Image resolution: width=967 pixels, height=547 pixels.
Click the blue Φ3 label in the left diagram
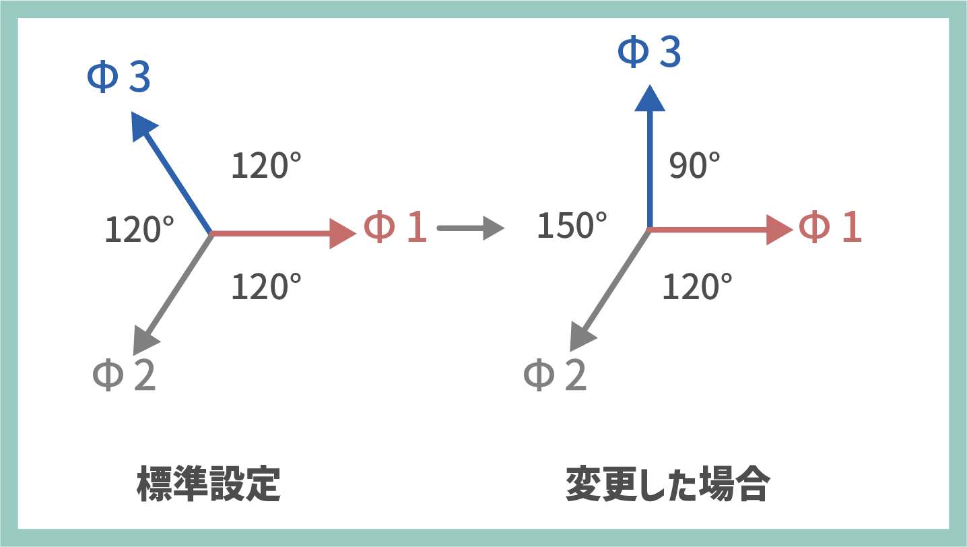point(119,76)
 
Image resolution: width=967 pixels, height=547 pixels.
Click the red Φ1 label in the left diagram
point(395,226)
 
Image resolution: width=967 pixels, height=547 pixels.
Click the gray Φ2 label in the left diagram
point(125,375)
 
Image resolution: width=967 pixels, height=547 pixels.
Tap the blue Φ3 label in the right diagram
point(649,51)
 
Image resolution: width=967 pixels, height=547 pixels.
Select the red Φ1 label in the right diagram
point(830,226)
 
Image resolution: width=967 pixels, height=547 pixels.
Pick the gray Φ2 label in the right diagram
point(555,375)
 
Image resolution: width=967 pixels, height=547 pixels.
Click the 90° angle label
point(694,165)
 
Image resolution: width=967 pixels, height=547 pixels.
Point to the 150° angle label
point(572,225)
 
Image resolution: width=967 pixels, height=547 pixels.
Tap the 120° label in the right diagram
point(697,286)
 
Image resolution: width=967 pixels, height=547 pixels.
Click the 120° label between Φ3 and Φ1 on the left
point(267,165)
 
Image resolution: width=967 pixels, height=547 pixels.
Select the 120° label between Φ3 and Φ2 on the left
point(139,229)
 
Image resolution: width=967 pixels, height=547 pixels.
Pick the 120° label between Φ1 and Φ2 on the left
point(267,286)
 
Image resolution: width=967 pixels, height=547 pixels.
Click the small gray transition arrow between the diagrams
point(471,228)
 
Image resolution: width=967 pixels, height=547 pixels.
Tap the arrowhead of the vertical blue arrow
point(650,98)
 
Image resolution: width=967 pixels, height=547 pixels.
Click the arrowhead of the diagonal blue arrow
point(143,125)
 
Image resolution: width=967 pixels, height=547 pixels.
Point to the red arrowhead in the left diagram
point(342,234)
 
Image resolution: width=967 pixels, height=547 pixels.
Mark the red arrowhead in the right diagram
point(779,230)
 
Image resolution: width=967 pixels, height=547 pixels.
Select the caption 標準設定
point(209,484)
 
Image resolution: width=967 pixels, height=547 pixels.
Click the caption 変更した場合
point(668,484)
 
